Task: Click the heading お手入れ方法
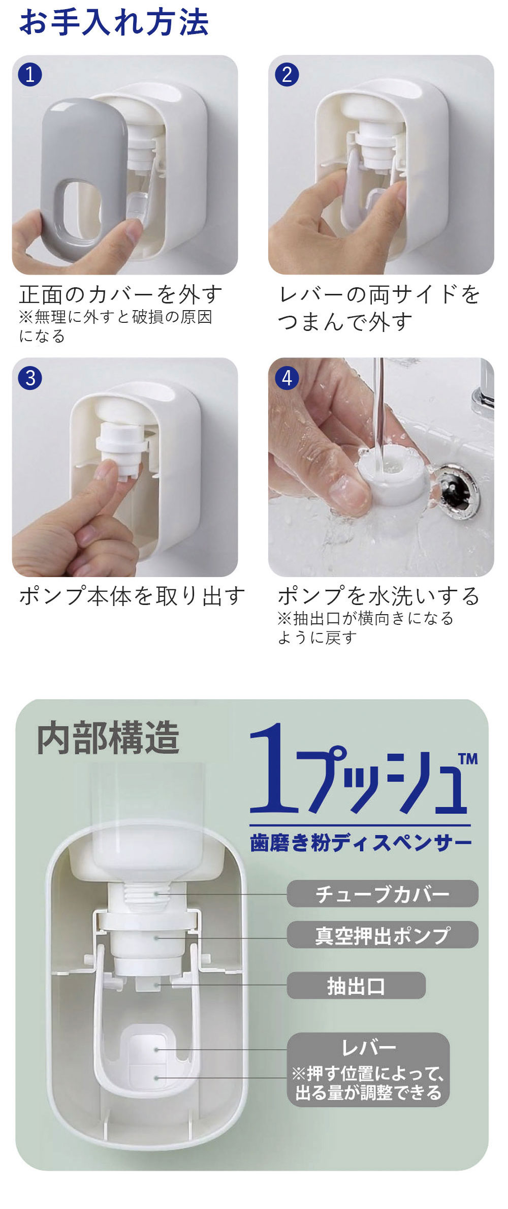[x=114, y=22]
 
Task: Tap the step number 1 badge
[x=30, y=75]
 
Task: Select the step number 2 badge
[x=287, y=75]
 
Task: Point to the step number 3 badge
[x=30, y=378]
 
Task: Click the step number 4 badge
[x=287, y=378]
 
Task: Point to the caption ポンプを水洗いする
[x=378, y=596]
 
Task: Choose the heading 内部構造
[x=108, y=738]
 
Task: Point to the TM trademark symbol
[x=468, y=759]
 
